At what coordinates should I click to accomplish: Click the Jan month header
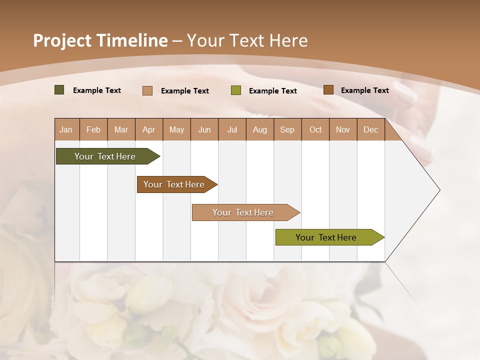[x=66, y=129]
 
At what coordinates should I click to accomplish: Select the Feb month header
[x=93, y=129]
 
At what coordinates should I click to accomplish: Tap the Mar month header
[x=121, y=129]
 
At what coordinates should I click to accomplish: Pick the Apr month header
[x=149, y=129]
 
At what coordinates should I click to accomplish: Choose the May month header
[x=176, y=129]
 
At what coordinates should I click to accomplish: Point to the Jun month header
[x=204, y=129]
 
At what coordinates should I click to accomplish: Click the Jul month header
[x=232, y=129]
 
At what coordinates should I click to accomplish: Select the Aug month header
[x=260, y=129]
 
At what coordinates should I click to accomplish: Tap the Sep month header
[x=287, y=129]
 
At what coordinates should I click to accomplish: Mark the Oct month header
[x=315, y=129]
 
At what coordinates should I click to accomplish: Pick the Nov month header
[x=343, y=129]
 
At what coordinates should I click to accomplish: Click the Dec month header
[x=371, y=129]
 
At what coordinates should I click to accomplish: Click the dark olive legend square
[x=59, y=90]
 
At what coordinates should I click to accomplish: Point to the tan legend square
[x=147, y=90]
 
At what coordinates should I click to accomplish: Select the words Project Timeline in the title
[x=100, y=40]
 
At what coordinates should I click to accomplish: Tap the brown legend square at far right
[x=328, y=90]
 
